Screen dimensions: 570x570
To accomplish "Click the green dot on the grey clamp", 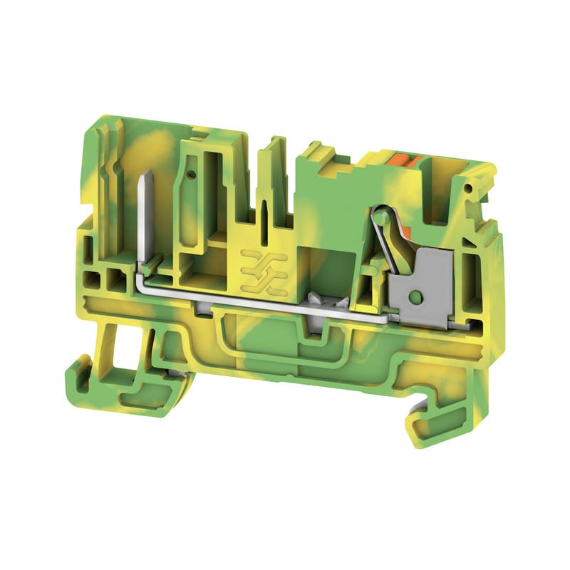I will pos(412,294).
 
